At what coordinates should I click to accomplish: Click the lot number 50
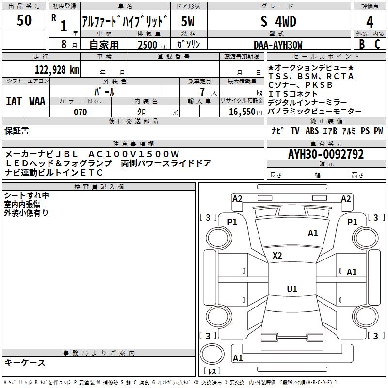pos(24,20)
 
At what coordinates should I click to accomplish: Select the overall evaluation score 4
pos(370,22)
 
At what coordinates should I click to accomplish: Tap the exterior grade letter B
pos(361,44)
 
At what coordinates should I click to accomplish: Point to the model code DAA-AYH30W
pos(278,45)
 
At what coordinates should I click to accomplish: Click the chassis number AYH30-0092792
pos(326,154)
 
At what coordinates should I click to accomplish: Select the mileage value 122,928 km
pos(56,69)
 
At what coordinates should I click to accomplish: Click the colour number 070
pos(80,112)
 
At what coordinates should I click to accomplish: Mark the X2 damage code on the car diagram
pos(277,255)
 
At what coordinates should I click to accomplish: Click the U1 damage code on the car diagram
pos(291,290)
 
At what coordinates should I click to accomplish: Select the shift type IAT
pos(14,101)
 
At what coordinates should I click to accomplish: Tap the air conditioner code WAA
pos(37,101)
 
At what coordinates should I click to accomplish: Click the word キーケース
pos(25,362)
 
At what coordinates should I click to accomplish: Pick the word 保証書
pos(16,130)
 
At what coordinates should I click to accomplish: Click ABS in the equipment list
pos(312,131)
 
